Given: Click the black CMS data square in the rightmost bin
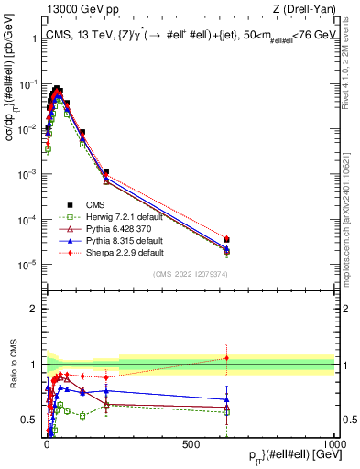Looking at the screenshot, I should pos(226,240).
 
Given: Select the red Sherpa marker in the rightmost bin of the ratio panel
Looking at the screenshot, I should pos(226,358).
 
